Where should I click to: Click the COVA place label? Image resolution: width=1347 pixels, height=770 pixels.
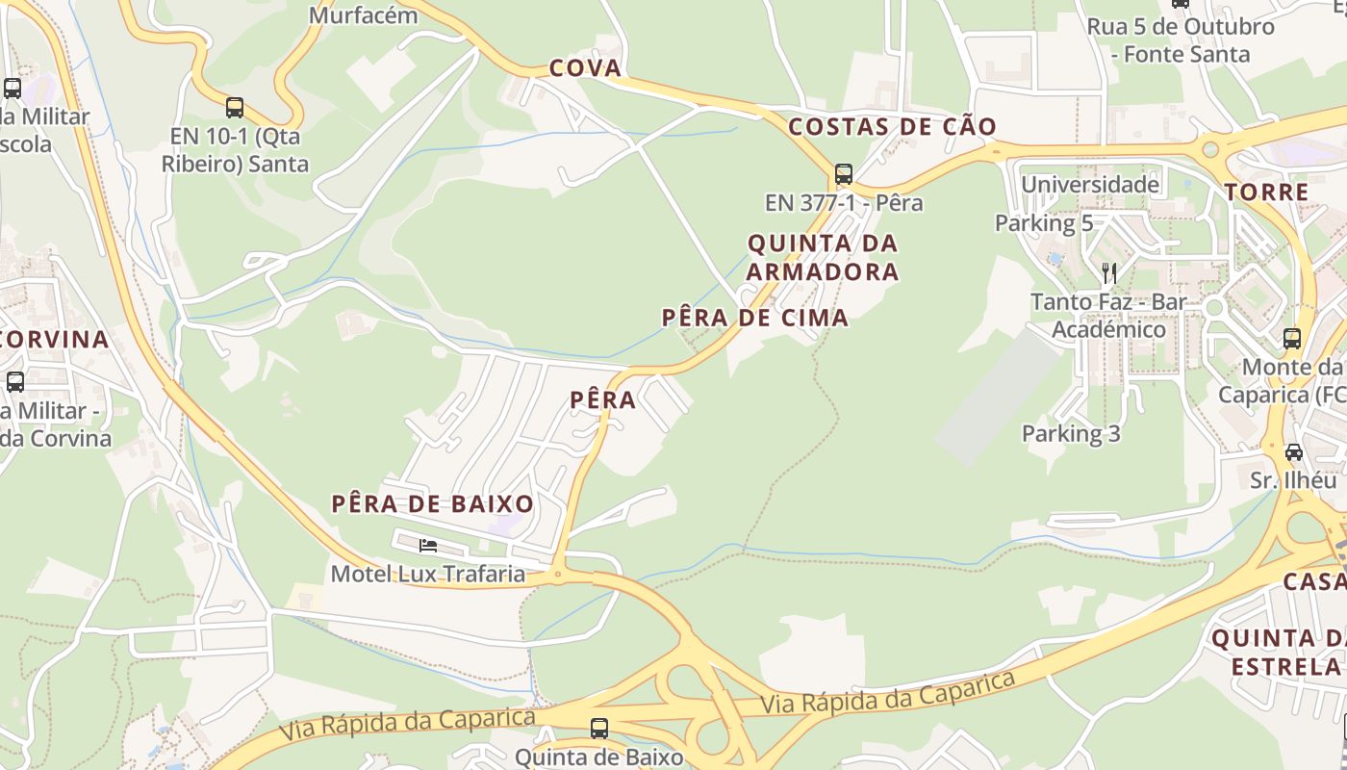pos(585,68)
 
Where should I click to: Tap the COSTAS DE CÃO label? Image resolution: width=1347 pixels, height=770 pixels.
pos(892,127)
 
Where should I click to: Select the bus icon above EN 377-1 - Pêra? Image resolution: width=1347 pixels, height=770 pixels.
pos(844,174)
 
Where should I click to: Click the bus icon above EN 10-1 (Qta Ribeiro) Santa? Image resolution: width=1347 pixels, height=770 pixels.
pos(235,107)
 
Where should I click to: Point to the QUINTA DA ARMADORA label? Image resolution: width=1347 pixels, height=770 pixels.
pos(823,257)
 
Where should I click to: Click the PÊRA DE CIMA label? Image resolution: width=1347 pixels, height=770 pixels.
pos(755,318)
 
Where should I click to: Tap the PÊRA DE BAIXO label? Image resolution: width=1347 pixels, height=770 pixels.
pos(433,503)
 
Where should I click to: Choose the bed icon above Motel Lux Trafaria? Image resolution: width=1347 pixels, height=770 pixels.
pos(428,546)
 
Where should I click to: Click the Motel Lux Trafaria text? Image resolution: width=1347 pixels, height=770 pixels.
pos(428,575)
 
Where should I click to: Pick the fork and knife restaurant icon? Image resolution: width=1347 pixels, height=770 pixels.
pos(1109,272)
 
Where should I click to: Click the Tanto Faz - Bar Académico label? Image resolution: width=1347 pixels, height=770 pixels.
pos(1108,316)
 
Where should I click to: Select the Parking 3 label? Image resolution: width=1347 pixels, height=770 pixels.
pos(1071,433)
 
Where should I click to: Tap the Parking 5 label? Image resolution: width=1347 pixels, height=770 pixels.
pos(1044,223)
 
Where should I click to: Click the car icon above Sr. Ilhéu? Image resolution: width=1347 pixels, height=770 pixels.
pos(1294,451)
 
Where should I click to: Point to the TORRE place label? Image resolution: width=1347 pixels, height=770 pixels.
pos(1267,192)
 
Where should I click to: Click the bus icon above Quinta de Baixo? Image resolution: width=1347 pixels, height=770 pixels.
pos(599,728)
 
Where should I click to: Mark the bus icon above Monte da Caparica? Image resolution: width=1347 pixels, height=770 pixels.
pos(1292,339)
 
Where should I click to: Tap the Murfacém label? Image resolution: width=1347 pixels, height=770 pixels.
pos(364,15)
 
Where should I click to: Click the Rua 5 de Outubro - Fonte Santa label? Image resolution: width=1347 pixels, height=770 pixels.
pos(1181,40)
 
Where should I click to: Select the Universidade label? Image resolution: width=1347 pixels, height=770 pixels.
pos(1090,184)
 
